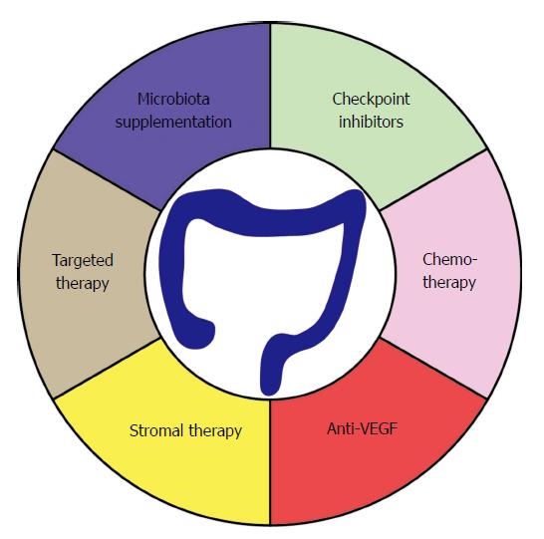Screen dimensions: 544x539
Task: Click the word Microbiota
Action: click(x=173, y=100)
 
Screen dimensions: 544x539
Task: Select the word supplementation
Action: click(x=173, y=123)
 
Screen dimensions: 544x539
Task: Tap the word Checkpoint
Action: click(x=371, y=100)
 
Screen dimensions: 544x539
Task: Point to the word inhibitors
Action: click(x=371, y=122)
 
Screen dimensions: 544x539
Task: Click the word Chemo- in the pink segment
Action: click(x=450, y=259)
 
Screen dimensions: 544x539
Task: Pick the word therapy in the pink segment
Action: click(x=449, y=282)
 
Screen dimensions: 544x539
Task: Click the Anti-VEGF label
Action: click(x=363, y=429)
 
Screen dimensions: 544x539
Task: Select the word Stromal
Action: click(x=156, y=430)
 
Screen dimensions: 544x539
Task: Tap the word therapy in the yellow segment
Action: click(x=215, y=431)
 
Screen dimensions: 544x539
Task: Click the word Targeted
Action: click(x=83, y=261)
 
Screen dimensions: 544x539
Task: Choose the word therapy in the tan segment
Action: click(x=83, y=284)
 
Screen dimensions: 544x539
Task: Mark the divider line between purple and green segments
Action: click(x=270, y=86)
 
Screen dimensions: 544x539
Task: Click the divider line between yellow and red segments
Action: click(x=270, y=462)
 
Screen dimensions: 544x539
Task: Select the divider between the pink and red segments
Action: click(x=433, y=368)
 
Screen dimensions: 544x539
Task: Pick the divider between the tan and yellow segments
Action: click(x=107, y=368)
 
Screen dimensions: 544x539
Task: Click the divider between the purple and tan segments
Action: click(x=107, y=180)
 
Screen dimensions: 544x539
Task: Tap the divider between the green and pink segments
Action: click(x=433, y=180)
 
